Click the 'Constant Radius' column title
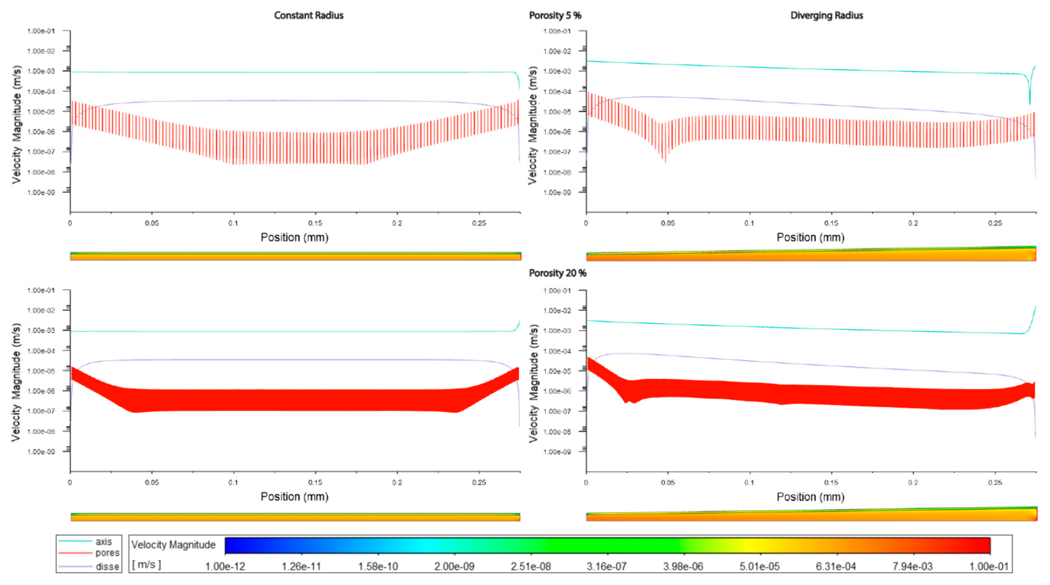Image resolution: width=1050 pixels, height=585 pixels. [x=309, y=15]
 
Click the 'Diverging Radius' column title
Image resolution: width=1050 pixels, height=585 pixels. [x=827, y=15]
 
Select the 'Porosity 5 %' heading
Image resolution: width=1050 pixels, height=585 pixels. [x=555, y=15]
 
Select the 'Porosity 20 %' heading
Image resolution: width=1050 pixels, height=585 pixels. [x=558, y=273]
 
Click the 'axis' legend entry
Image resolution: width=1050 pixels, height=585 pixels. [x=104, y=542]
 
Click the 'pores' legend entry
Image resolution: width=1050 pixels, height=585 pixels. [x=107, y=553]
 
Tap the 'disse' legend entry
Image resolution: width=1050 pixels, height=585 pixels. [x=107, y=567]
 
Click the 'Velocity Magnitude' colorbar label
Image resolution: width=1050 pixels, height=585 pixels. [x=173, y=545]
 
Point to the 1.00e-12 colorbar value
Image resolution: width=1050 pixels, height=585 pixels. [x=225, y=567]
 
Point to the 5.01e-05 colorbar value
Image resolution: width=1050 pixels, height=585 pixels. [x=759, y=567]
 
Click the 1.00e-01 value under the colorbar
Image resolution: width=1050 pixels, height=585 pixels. [x=988, y=567]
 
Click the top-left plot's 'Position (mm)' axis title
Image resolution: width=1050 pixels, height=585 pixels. [x=294, y=237]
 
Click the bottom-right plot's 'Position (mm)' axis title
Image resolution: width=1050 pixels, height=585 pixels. [x=810, y=497]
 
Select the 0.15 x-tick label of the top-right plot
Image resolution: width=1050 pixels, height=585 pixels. [x=831, y=223]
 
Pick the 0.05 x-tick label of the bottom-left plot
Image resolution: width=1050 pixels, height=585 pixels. [x=152, y=482]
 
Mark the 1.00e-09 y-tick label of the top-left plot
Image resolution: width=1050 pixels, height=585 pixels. [x=41, y=192]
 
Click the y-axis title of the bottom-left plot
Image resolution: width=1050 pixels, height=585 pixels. [x=16, y=382]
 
